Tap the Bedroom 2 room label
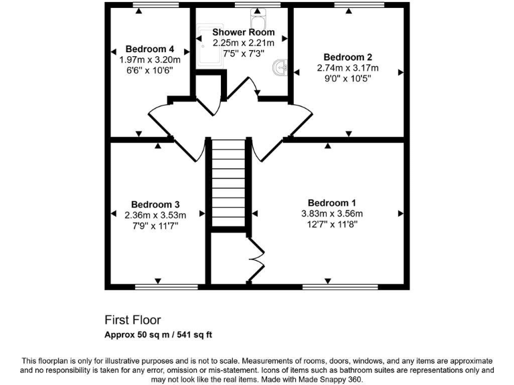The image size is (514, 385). pyautogui.click(x=347, y=57)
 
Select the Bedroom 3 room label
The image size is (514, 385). pyautogui.click(x=155, y=204)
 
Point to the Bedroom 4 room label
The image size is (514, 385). pyautogui.click(x=150, y=49)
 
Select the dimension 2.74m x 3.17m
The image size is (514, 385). pyautogui.click(x=347, y=68)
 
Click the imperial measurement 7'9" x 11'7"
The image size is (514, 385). pyautogui.click(x=155, y=226)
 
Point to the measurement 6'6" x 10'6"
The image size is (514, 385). pyautogui.click(x=150, y=70)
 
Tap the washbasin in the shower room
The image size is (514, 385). pyautogui.click(x=282, y=67)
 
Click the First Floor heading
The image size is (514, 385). pyautogui.click(x=133, y=320)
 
